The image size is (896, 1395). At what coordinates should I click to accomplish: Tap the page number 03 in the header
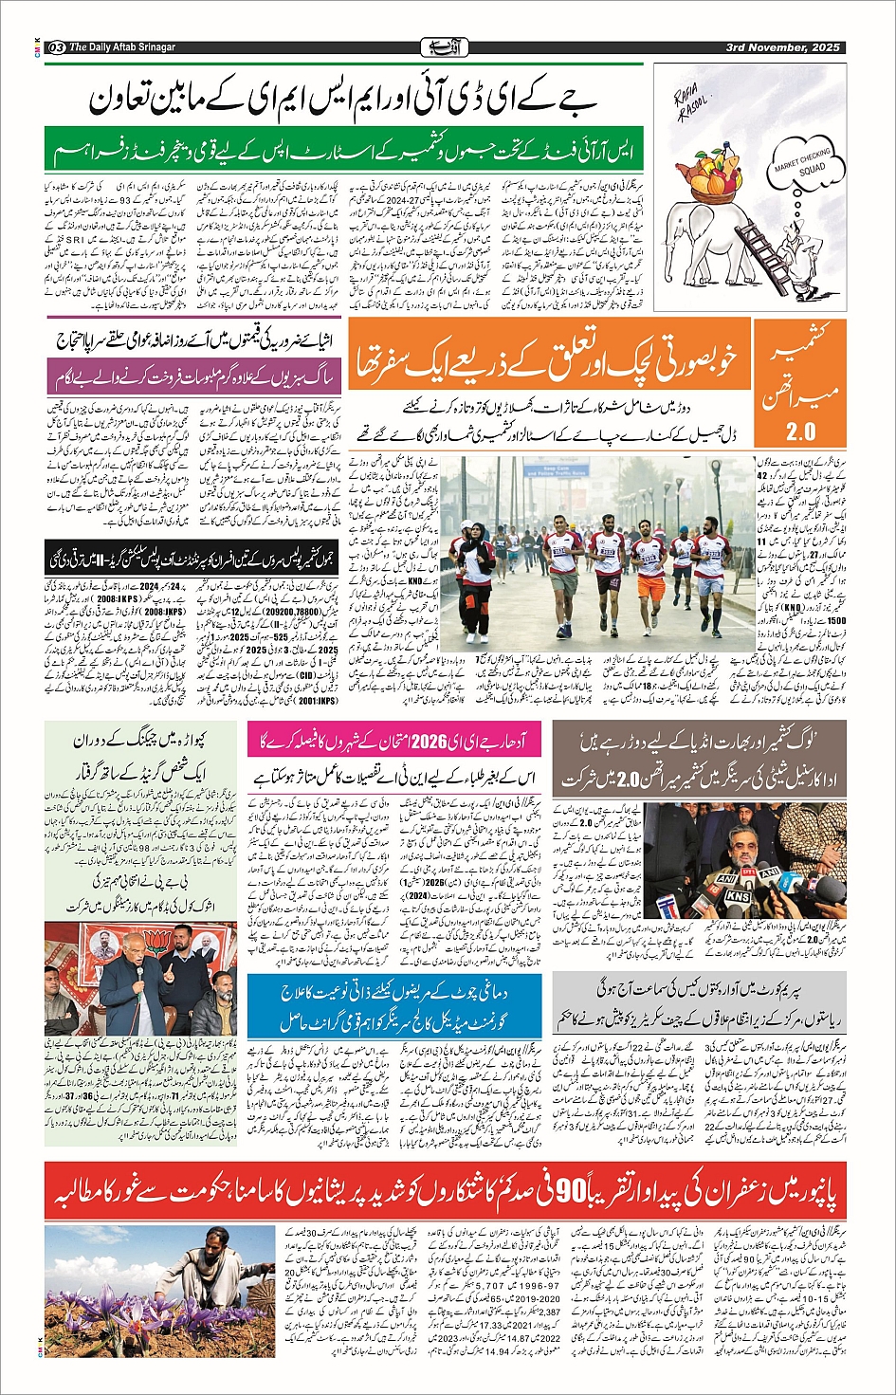[x=56, y=47]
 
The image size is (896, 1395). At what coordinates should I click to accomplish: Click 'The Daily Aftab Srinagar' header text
[x=122, y=47]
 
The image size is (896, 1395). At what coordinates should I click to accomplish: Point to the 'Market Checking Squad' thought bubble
[x=802, y=167]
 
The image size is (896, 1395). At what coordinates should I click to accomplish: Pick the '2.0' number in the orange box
[x=800, y=431]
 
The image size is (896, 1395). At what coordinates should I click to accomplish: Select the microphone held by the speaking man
[x=139, y=968]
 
